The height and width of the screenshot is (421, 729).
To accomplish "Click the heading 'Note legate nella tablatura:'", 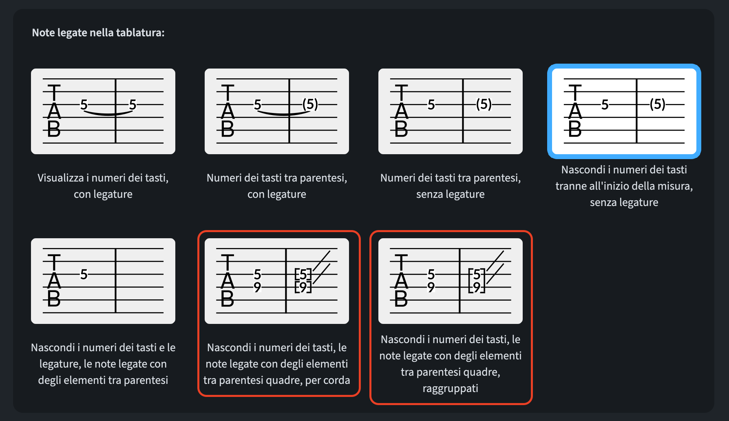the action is (x=98, y=33).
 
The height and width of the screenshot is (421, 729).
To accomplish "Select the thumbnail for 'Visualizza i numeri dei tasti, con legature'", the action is (x=103, y=111).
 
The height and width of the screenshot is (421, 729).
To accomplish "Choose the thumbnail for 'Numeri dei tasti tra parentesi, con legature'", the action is (x=277, y=111).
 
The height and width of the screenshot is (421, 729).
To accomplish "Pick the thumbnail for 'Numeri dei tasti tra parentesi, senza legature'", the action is (x=451, y=111).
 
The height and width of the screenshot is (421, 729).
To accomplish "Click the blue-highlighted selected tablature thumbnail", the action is (x=624, y=111).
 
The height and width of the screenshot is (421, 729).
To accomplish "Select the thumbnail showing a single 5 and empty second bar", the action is (x=103, y=281).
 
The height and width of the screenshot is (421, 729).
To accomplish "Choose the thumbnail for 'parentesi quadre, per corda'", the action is (x=277, y=281).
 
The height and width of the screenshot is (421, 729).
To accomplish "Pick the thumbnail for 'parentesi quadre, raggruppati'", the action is (x=451, y=281).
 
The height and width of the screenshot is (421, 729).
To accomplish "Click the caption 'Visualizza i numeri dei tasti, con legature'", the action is (x=103, y=186).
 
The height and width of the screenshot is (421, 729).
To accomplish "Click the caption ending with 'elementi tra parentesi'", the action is (x=103, y=364).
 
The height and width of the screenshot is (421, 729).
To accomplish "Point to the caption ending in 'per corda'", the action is (x=277, y=364).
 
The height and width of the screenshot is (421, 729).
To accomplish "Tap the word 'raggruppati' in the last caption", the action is (x=451, y=388).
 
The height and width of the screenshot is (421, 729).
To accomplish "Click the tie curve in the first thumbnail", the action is (x=108, y=113).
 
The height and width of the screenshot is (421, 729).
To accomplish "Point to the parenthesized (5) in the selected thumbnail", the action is (x=658, y=104).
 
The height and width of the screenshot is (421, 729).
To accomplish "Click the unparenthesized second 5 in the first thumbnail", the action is (x=133, y=105).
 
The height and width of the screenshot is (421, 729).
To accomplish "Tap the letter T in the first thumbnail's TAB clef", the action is (x=54, y=93).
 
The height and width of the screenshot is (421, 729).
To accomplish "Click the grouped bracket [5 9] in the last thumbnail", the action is (x=477, y=281).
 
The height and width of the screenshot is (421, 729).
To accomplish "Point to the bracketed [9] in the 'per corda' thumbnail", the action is (x=303, y=287).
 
